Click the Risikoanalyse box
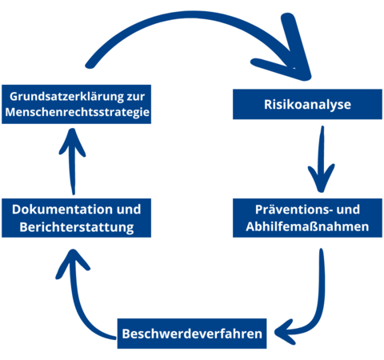[x=307, y=104]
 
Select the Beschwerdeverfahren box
[x=192, y=334]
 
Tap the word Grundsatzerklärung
[x=66, y=97]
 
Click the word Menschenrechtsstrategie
[x=77, y=112]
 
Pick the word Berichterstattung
[x=77, y=227]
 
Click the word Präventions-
[x=294, y=210]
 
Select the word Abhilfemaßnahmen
[x=307, y=226]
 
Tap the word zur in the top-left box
[x=136, y=97]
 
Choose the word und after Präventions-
[x=348, y=210]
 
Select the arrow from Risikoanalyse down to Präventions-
[x=322, y=160]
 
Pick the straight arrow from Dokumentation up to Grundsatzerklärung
[x=73, y=162]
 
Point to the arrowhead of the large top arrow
[x=290, y=54]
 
